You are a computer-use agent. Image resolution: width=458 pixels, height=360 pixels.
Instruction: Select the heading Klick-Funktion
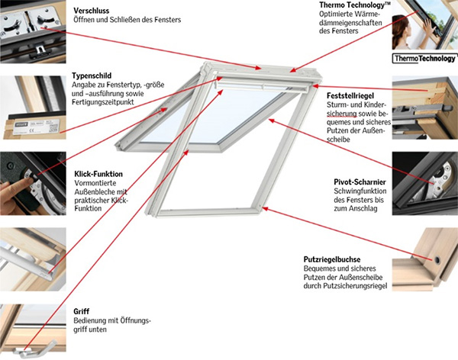98,174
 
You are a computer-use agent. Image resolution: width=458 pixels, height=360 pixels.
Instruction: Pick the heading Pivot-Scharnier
360,182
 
